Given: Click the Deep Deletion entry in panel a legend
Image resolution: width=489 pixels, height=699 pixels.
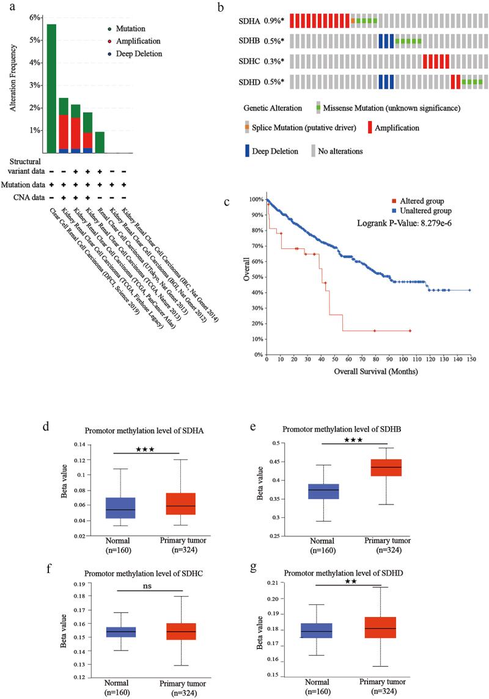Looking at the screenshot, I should pyautogui.click(x=139, y=54).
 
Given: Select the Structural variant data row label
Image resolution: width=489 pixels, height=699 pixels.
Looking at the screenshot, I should pyautogui.click(x=24, y=166).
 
